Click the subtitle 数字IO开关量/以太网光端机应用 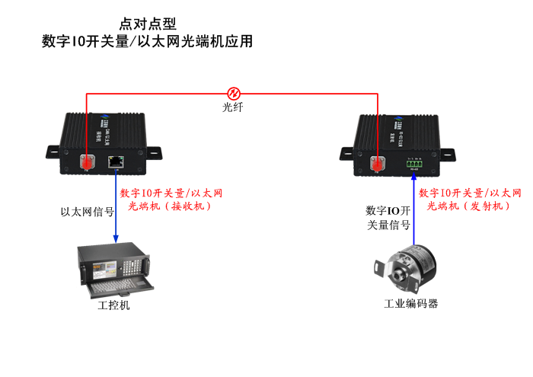pyautogui.click(x=148, y=42)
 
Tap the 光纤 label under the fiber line pyautogui.click(x=233, y=107)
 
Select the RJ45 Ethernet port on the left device pyautogui.click(x=116, y=161)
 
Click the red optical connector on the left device pyautogui.click(x=88, y=162)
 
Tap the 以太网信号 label pyautogui.click(x=87, y=212)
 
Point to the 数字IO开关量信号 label pyautogui.click(x=388, y=218)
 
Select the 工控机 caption pyautogui.click(x=114, y=305)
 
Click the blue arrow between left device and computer pyautogui.click(x=116, y=206)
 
